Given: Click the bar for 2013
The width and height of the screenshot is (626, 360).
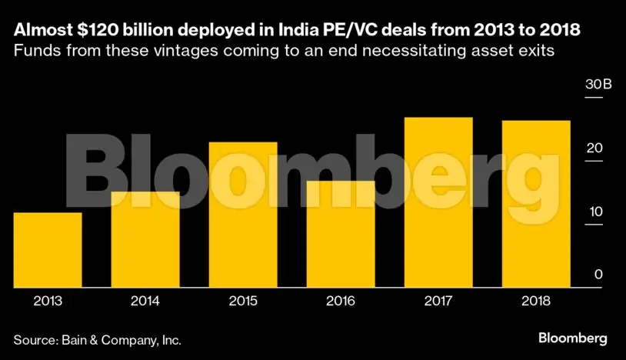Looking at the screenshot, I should click(48, 249).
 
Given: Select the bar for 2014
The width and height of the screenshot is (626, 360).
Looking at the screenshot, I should click(145, 239).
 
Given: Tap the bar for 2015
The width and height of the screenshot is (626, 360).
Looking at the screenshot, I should click(243, 215).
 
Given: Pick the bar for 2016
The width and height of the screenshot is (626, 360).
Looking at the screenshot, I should click(341, 234).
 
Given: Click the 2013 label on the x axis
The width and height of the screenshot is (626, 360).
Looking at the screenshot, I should click(48, 302).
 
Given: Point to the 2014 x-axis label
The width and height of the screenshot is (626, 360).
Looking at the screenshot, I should click(145, 302).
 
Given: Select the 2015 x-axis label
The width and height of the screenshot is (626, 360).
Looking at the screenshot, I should click(243, 302).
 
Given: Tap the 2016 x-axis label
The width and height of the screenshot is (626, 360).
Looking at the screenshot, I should click(341, 302).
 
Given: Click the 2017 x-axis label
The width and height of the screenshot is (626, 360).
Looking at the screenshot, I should click(438, 302).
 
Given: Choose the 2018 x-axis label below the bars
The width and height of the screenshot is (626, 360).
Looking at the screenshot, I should click(536, 302).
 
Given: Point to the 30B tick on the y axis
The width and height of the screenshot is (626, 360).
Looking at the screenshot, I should click(598, 85).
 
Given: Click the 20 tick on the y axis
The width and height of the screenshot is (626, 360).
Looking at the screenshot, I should click(594, 148).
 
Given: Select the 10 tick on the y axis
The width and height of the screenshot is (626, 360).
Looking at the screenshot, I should click(594, 212).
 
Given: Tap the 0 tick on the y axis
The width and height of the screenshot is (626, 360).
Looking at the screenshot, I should click(598, 275).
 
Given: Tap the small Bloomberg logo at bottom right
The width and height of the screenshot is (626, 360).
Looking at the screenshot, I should click(572, 338).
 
